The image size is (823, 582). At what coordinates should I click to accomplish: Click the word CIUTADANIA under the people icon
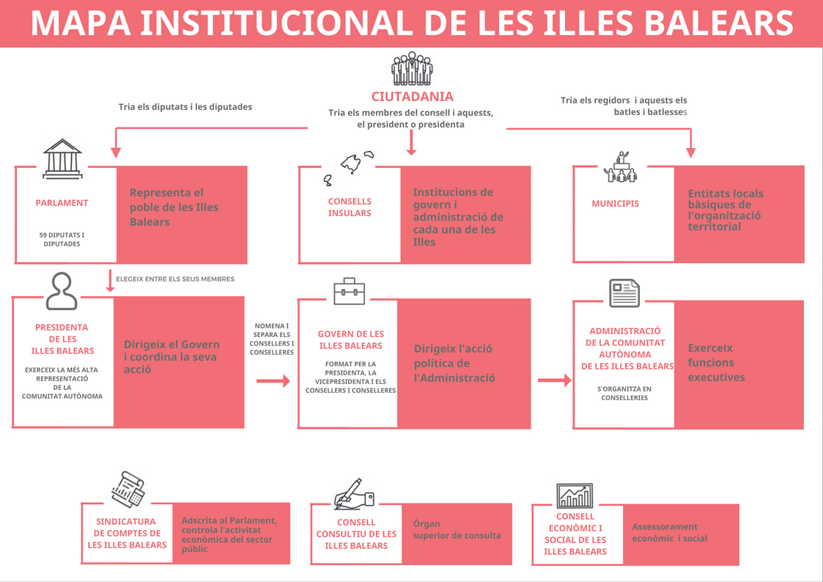[x=412, y=97]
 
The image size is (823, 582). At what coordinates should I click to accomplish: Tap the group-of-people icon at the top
[x=412, y=69]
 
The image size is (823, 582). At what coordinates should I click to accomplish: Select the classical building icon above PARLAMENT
[x=62, y=158]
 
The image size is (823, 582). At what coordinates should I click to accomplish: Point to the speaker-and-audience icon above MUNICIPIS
[x=621, y=167]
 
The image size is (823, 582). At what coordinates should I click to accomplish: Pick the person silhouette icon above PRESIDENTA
[x=62, y=291]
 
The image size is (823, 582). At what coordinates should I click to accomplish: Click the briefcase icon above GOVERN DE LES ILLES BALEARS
[x=349, y=291]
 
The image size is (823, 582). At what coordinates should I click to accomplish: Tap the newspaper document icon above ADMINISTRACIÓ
[x=624, y=293]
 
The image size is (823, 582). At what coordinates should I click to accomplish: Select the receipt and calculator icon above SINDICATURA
[x=128, y=489]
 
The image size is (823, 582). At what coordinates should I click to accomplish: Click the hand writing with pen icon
[x=354, y=493]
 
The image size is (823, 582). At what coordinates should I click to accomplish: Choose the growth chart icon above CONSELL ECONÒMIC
[x=575, y=496]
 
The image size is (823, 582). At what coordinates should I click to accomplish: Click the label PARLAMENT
[x=62, y=203]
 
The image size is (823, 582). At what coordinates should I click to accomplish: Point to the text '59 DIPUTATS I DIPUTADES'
[x=62, y=239]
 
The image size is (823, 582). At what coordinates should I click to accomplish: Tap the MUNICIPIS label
[x=615, y=204]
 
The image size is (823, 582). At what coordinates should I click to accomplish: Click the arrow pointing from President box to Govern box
[x=273, y=381]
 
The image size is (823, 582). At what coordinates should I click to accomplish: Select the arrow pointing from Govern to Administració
[x=555, y=380]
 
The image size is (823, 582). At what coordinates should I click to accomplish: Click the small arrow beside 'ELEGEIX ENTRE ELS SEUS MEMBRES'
[x=110, y=281]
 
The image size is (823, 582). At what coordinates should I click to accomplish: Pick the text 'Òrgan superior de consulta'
[x=457, y=529]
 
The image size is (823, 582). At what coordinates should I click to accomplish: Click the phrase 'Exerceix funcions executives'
[x=717, y=363]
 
